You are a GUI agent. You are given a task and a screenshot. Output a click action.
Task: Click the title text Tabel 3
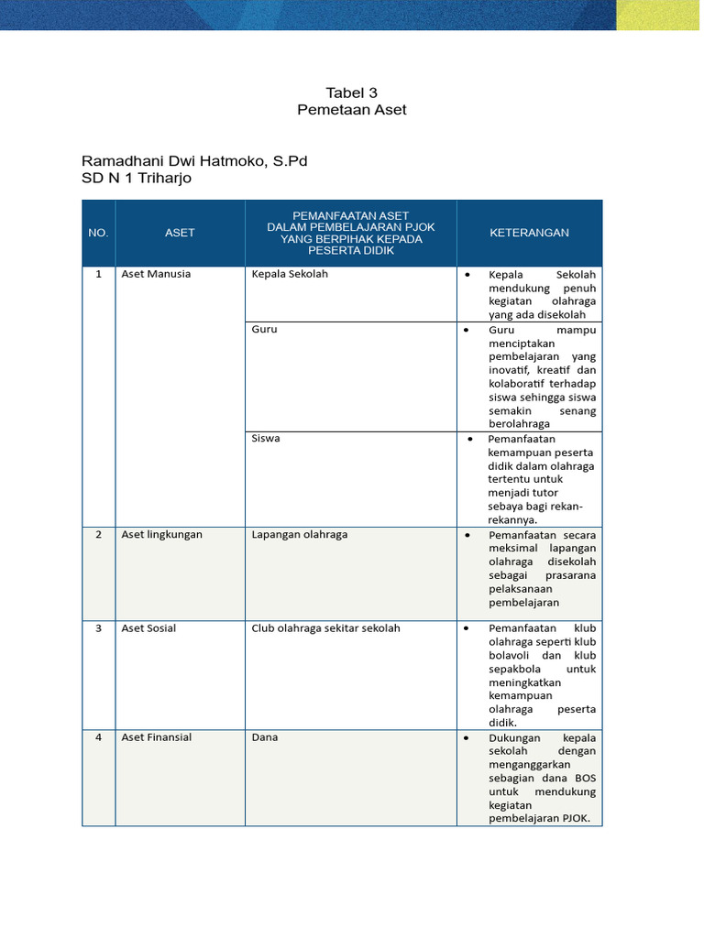351,93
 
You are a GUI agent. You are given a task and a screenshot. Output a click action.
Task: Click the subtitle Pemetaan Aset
351,110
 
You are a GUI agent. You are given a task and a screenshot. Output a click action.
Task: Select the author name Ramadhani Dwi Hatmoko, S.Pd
194,161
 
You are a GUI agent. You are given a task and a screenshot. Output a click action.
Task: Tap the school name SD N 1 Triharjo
137,179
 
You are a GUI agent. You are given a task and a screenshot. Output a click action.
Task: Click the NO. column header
98,233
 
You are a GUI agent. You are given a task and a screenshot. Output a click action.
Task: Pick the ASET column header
180,233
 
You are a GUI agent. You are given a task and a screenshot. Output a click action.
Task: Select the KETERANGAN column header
529,233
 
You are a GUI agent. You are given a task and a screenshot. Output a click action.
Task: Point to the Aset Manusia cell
156,274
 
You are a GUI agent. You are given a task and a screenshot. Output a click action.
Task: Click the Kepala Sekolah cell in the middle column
290,274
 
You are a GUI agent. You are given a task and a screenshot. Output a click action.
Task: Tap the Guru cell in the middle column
264,329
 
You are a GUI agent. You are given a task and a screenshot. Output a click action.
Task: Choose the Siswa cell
266,439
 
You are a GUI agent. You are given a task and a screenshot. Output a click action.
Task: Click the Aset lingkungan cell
161,534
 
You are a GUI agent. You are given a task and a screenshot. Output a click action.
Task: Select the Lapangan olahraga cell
299,534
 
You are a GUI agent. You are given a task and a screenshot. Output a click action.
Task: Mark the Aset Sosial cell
148,628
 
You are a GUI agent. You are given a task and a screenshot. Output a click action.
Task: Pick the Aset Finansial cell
156,737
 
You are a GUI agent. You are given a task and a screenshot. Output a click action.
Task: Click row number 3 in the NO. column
98,628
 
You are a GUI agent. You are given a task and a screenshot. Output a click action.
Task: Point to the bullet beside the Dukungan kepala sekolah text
467,738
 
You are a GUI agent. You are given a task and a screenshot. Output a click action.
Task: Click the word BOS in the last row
585,778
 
